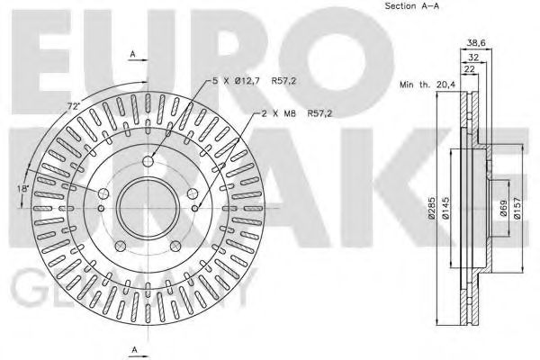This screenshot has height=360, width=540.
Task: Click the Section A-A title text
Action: pyautogui.click(x=412, y=7)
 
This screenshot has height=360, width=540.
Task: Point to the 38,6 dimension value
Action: pyautogui.click(x=477, y=42)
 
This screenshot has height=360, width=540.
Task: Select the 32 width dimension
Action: pyautogui.click(x=472, y=57)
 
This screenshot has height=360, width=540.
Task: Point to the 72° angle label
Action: pyautogui.click(x=71, y=107)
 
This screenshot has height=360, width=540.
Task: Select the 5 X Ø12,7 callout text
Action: pyautogui.click(x=238, y=82)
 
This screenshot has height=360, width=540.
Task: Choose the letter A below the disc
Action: pyautogui.click(x=134, y=349)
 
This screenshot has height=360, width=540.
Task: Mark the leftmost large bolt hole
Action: pyautogui.click(x=102, y=194)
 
